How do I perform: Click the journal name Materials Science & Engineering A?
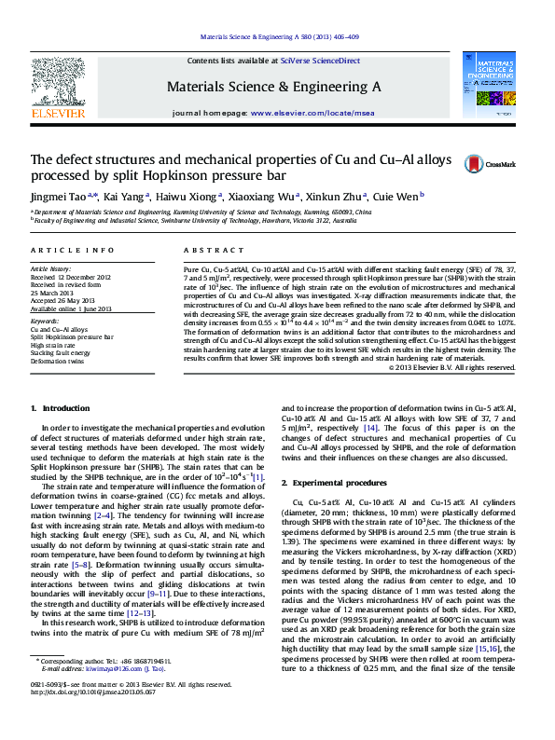tap(273, 86)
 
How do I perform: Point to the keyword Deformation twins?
tap(58, 361)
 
